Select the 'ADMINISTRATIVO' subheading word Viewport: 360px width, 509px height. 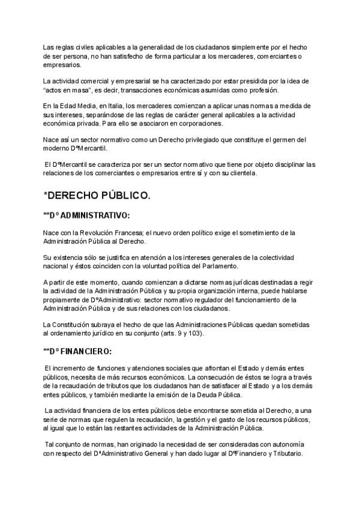(x=96, y=215)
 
